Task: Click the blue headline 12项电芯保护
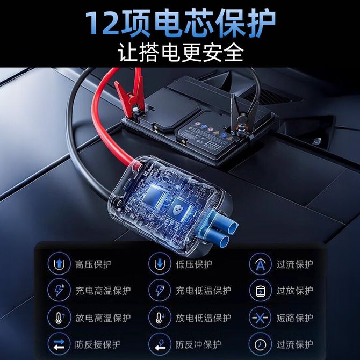click(181, 24)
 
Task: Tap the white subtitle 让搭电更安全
click(181, 52)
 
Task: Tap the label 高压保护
click(93, 264)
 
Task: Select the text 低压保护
click(194, 264)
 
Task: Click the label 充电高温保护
click(103, 291)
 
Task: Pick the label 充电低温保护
click(204, 291)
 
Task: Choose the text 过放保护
click(295, 291)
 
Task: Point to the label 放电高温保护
click(103, 318)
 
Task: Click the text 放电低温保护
click(204, 318)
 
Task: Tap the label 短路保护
click(295, 318)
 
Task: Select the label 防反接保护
click(98, 344)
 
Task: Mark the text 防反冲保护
click(198, 344)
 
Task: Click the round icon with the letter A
click(260, 264)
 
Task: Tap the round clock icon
click(260, 344)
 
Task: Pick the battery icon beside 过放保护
click(260, 291)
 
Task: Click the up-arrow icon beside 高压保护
click(59, 264)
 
